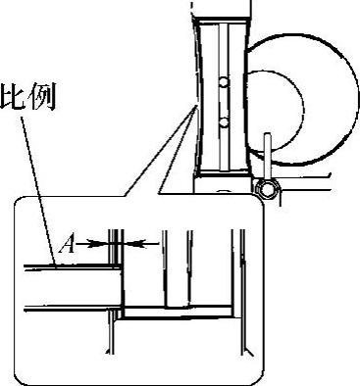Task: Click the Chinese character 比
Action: [12, 97]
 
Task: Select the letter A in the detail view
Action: [67, 245]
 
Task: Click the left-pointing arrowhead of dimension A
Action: [135, 243]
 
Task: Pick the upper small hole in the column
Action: [224, 82]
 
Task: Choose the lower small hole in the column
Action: [224, 122]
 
